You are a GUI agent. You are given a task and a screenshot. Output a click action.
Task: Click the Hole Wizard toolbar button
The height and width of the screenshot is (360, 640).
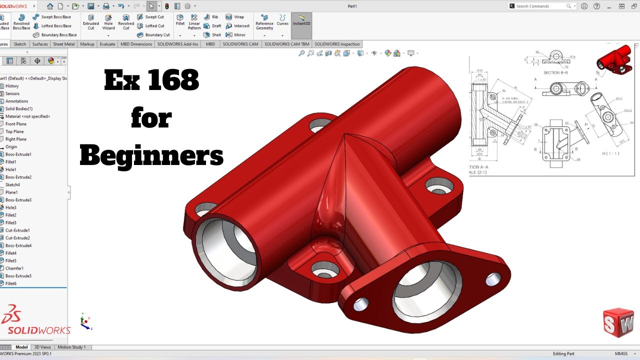coord(108,22)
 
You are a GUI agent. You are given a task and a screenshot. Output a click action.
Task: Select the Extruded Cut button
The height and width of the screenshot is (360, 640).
coord(90,22)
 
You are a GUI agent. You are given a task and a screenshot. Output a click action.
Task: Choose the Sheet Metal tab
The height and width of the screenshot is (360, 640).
coord(64,44)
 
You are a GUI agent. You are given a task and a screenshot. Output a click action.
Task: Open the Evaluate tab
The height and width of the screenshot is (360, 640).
coord(107,44)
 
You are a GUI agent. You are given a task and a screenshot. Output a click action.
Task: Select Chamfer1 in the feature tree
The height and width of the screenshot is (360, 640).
coord(14,268)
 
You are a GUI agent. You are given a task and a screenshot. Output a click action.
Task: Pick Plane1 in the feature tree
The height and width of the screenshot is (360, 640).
coord(11,192)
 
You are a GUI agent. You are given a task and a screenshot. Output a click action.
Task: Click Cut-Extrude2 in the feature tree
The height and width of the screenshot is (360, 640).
coord(17,238)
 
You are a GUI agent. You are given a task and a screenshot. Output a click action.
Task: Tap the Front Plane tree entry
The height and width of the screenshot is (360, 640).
coord(15,124)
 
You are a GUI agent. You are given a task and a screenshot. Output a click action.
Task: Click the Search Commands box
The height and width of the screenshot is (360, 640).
coord(540,6)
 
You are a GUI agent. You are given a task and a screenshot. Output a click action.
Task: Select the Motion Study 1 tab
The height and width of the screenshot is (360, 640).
coord(71,347)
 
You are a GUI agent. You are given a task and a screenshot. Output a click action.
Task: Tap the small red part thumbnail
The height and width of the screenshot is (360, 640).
coord(613,59)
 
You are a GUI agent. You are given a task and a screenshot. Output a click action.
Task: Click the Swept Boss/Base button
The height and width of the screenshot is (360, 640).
coord(52,17)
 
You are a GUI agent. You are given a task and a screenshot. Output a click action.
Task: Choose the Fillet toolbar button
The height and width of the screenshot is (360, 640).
coord(180,19)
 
